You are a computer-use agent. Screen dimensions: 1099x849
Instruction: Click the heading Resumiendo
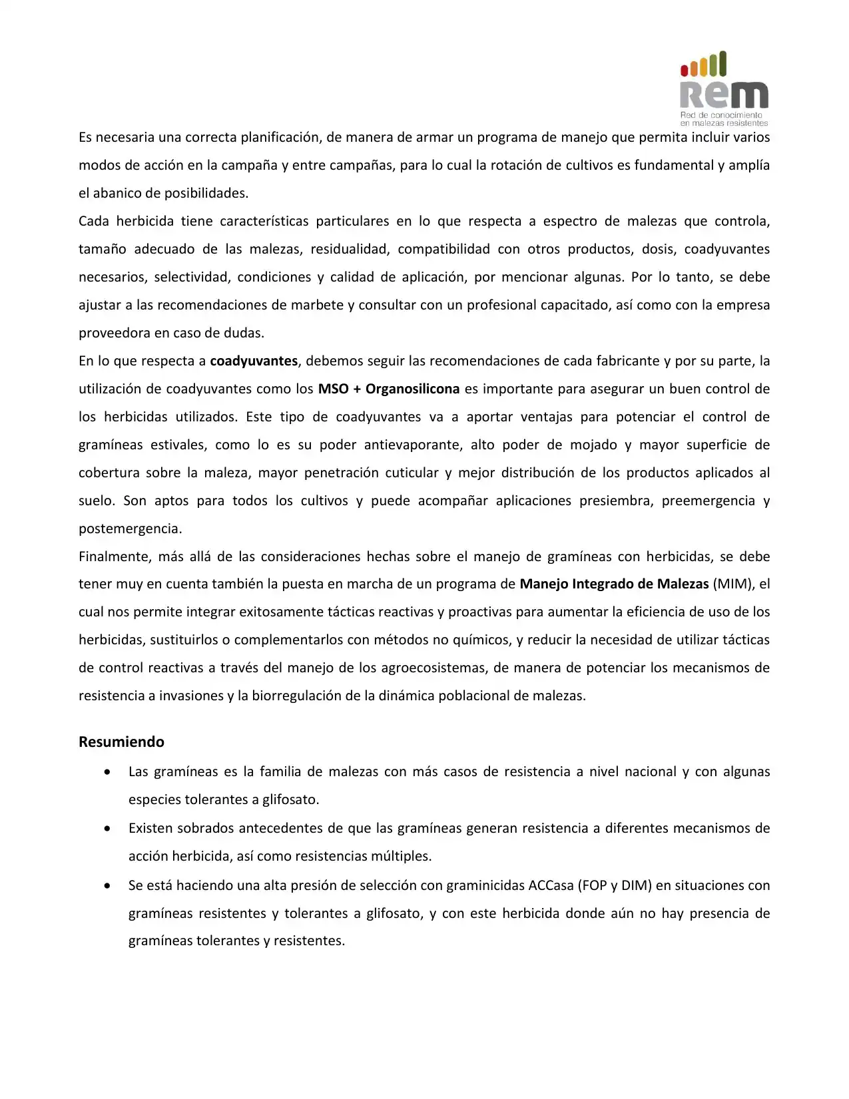coord(121,742)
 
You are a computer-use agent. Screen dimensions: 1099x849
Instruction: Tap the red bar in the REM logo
coord(684,70)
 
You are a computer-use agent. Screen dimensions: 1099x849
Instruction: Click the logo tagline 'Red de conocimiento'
coord(721,115)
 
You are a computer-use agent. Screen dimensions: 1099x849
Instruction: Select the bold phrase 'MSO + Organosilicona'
coord(389,389)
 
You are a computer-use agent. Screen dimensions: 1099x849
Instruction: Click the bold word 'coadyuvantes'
coord(254,361)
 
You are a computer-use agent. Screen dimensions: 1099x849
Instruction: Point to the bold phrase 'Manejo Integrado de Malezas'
coord(614,584)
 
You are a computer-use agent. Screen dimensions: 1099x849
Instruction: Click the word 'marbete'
coord(317,305)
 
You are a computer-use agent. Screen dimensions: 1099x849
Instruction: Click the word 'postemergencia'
coord(130,529)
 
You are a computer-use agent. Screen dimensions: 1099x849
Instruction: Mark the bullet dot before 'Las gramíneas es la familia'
coord(107,772)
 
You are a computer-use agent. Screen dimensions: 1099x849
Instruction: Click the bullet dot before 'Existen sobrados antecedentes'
coord(107,829)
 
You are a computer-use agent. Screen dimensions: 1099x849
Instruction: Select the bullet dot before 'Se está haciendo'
coord(107,886)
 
